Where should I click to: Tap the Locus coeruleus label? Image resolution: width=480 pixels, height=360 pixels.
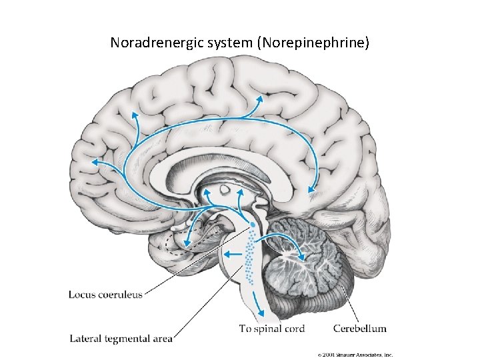click(x=105, y=295)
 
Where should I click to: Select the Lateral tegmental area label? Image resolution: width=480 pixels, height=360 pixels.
click(x=121, y=339)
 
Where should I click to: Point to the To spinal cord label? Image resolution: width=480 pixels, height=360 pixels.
click(x=272, y=328)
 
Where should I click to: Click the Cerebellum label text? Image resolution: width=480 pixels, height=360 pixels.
click(x=359, y=328)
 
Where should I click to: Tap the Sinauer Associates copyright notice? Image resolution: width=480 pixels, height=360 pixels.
click(x=355, y=355)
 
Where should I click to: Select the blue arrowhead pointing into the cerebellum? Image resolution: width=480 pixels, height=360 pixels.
click(x=301, y=257)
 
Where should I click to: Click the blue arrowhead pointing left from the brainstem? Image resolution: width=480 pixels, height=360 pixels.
click(x=225, y=253)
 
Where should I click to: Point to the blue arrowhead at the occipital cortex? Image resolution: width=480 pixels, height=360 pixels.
click(x=311, y=190)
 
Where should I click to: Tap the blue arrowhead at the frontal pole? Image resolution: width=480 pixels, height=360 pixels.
click(x=95, y=161)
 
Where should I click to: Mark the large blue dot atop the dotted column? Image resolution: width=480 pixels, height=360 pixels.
click(x=251, y=224)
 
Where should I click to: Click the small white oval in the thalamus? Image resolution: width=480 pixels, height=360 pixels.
click(x=225, y=191)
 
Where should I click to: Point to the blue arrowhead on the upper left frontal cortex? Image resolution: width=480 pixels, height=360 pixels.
click(x=135, y=114)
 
